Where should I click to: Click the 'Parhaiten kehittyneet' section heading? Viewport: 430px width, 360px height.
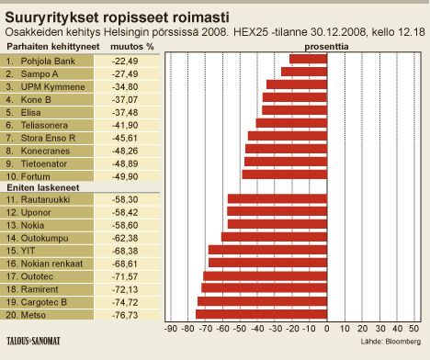coord(43,43)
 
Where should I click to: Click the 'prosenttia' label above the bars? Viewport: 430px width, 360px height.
coord(290,43)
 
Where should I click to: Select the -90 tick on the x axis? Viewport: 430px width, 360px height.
coord(170,327)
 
